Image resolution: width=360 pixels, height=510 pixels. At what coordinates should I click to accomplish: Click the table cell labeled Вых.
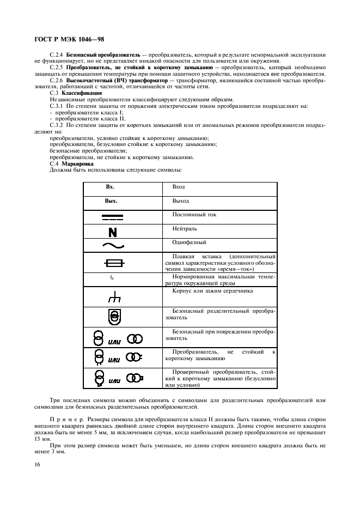(x=111, y=201)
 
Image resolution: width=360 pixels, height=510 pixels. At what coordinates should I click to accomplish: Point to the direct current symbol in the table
(x=112, y=217)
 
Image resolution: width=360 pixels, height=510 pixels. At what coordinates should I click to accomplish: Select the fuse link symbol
(x=113, y=264)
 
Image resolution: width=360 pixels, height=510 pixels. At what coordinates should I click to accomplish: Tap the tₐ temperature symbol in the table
(x=112, y=278)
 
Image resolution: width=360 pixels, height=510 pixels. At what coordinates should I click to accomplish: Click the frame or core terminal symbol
(x=113, y=296)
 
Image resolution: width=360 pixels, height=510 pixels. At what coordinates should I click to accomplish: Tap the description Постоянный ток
(x=194, y=215)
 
